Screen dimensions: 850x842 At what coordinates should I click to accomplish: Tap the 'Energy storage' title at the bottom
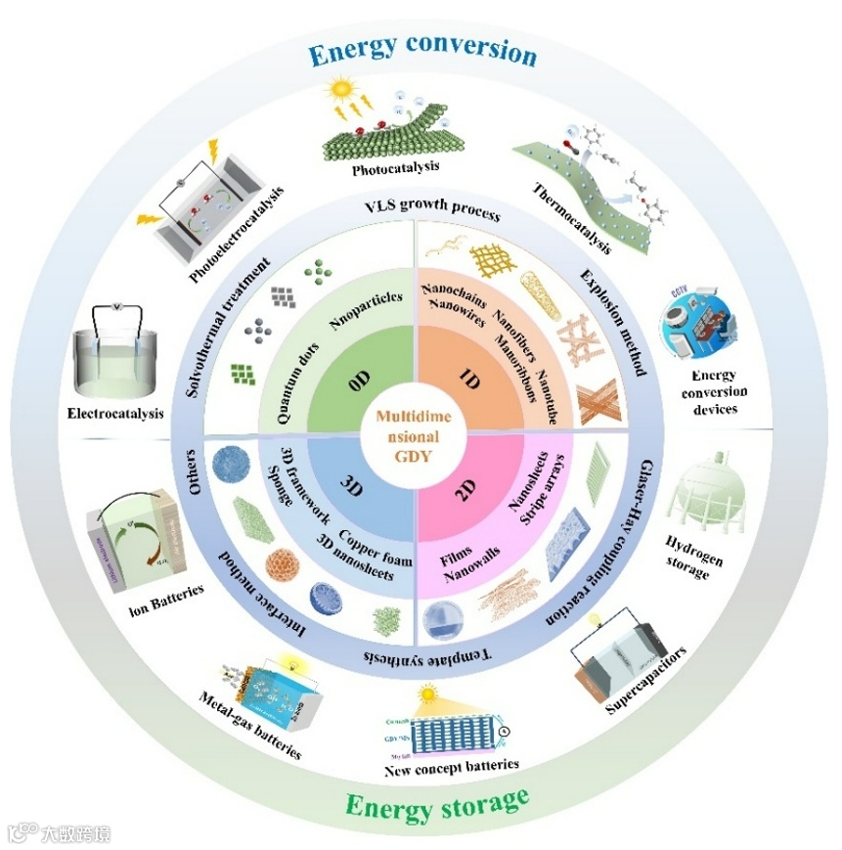(437, 805)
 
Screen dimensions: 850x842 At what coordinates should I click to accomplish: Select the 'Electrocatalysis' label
(115, 414)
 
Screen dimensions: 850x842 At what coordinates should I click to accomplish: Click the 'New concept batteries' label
(451, 764)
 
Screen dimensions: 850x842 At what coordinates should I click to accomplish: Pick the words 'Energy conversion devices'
(719, 392)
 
